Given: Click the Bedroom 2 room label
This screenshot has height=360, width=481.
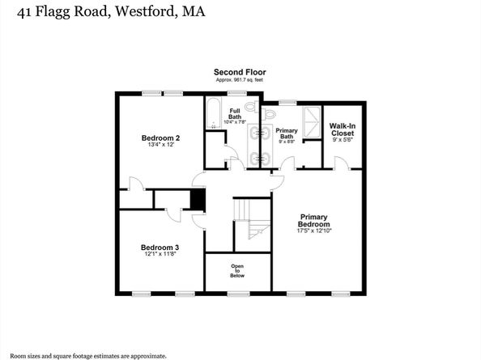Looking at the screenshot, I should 160,138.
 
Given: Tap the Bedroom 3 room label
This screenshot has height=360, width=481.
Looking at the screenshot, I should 160,248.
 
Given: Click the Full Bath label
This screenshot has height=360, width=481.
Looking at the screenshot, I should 235,113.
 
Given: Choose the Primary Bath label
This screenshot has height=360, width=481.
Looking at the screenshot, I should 286,133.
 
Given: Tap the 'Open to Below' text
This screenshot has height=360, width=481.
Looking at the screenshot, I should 236,270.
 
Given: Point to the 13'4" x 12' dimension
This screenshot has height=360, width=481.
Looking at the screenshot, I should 160,146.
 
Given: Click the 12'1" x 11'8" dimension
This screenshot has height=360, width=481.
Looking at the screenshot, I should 160,255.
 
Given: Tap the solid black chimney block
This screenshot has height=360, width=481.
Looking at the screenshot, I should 196,199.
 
